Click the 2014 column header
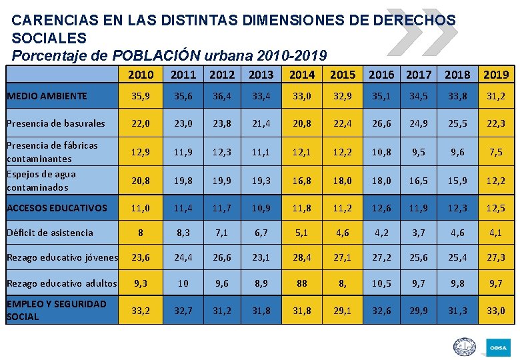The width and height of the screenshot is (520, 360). coord(301,75)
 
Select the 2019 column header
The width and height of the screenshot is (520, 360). coord(495,75)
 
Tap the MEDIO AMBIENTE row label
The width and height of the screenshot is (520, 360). coord(47,96)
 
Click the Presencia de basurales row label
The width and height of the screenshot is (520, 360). coord(55,123)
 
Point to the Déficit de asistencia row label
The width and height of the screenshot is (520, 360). coord(49,233)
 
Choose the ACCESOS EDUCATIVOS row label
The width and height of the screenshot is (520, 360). coord(56,208)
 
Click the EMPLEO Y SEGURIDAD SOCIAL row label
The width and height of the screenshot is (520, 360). coord(56,311)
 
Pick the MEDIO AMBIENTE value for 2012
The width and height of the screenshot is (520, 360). coord(221,96)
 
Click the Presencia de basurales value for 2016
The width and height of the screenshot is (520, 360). coord(381,123)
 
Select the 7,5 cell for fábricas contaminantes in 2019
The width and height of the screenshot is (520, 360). coord(495,152)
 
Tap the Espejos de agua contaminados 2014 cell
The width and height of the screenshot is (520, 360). coord(301,181)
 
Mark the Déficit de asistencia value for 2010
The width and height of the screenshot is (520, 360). coord(140,233)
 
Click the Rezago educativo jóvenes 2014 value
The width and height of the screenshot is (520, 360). coord(301,257)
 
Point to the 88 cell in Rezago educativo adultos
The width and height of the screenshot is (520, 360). coord(301,283)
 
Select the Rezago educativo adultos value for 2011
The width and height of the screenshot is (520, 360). coord(183,283)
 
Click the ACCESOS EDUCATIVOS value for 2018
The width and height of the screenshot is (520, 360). coord(457,208)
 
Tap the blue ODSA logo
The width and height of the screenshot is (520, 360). coord(499,347)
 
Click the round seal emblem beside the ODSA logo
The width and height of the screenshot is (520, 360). coord(464,347)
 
